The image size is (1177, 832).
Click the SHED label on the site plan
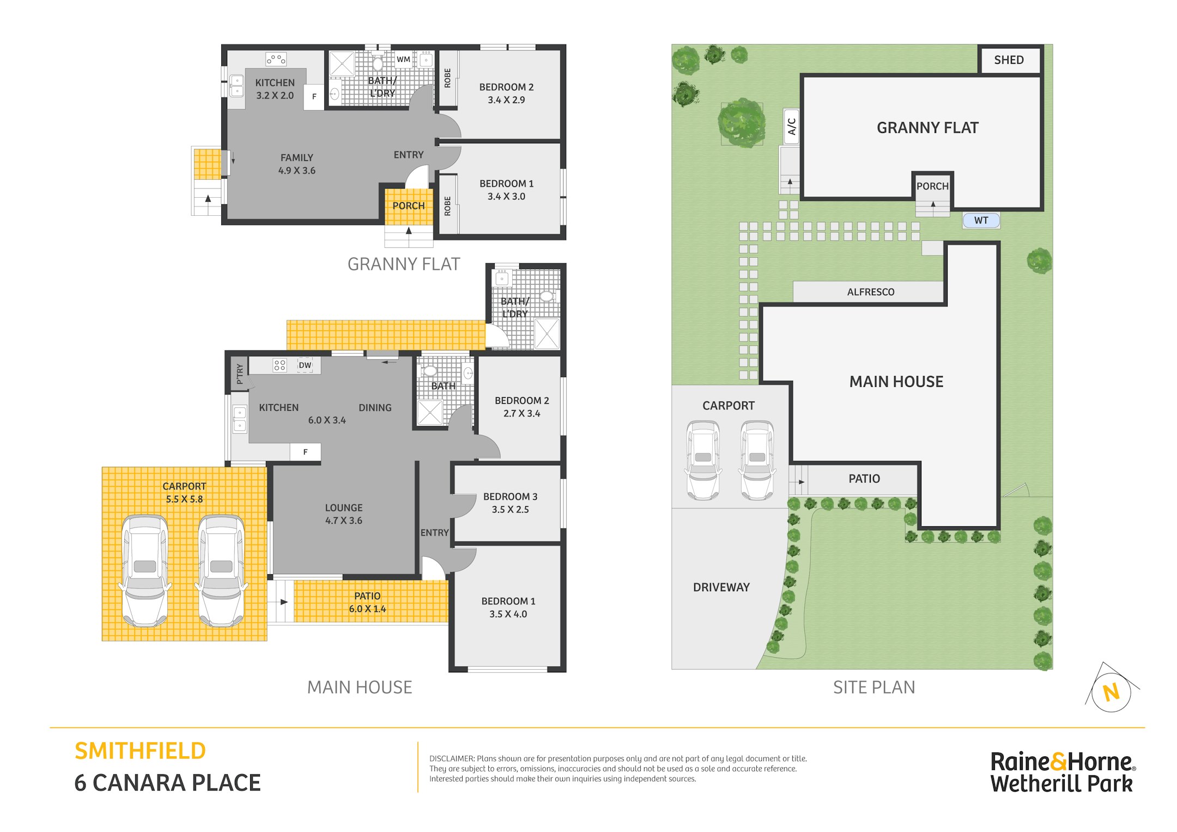pyautogui.click(x=1009, y=60)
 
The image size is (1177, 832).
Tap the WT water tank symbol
pyautogui.click(x=981, y=220)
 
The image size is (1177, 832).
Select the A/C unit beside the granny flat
pyautogui.click(x=791, y=126)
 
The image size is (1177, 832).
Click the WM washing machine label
pyautogui.click(x=403, y=59)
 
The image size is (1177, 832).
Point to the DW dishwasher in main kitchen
pyautogui.click(x=305, y=365)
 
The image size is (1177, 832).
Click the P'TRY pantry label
pyautogui.click(x=240, y=374)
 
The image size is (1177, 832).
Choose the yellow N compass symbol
pyautogui.click(x=1111, y=693)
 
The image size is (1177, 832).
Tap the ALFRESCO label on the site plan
pyautogui.click(x=870, y=292)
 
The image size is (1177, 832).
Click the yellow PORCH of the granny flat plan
pyautogui.click(x=409, y=207)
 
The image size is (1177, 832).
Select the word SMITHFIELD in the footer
pyautogui.click(x=140, y=751)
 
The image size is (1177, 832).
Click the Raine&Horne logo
pyautogui.click(x=1062, y=772)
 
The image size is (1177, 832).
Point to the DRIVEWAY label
pyautogui.click(x=721, y=587)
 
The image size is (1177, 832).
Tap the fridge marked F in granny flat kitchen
pyautogui.click(x=314, y=97)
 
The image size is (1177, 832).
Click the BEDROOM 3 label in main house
pyautogui.click(x=510, y=496)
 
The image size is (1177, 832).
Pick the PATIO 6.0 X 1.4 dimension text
pyautogui.click(x=367, y=609)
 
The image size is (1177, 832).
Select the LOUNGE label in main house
pyautogui.click(x=344, y=507)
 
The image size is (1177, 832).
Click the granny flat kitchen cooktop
pyautogui.click(x=276, y=59)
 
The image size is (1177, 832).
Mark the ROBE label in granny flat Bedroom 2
pyautogui.click(x=447, y=78)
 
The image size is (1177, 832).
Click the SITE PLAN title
pyautogui.click(x=874, y=688)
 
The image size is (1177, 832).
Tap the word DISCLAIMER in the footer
pyautogui.click(x=452, y=758)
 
